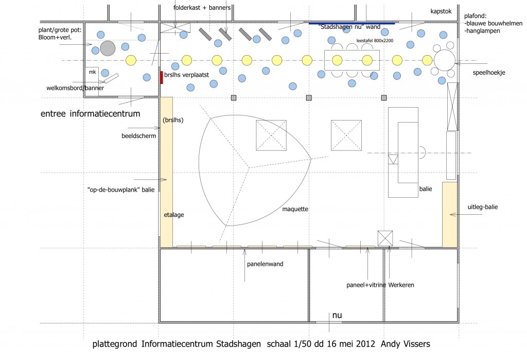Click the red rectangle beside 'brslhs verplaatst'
click(x=162, y=77)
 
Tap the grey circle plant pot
click(x=108, y=48)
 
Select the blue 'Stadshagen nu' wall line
click(x=352, y=23)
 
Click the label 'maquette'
click(x=295, y=209)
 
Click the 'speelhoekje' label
click(x=489, y=73)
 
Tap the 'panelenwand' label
click(x=265, y=264)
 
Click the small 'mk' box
click(x=93, y=72)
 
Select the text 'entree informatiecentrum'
click(x=90, y=113)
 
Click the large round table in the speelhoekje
click(x=445, y=60)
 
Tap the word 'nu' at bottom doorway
click(x=337, y=315)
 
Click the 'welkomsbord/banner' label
click(x=75, y=88)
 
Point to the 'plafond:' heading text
click(x=476, y=15)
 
